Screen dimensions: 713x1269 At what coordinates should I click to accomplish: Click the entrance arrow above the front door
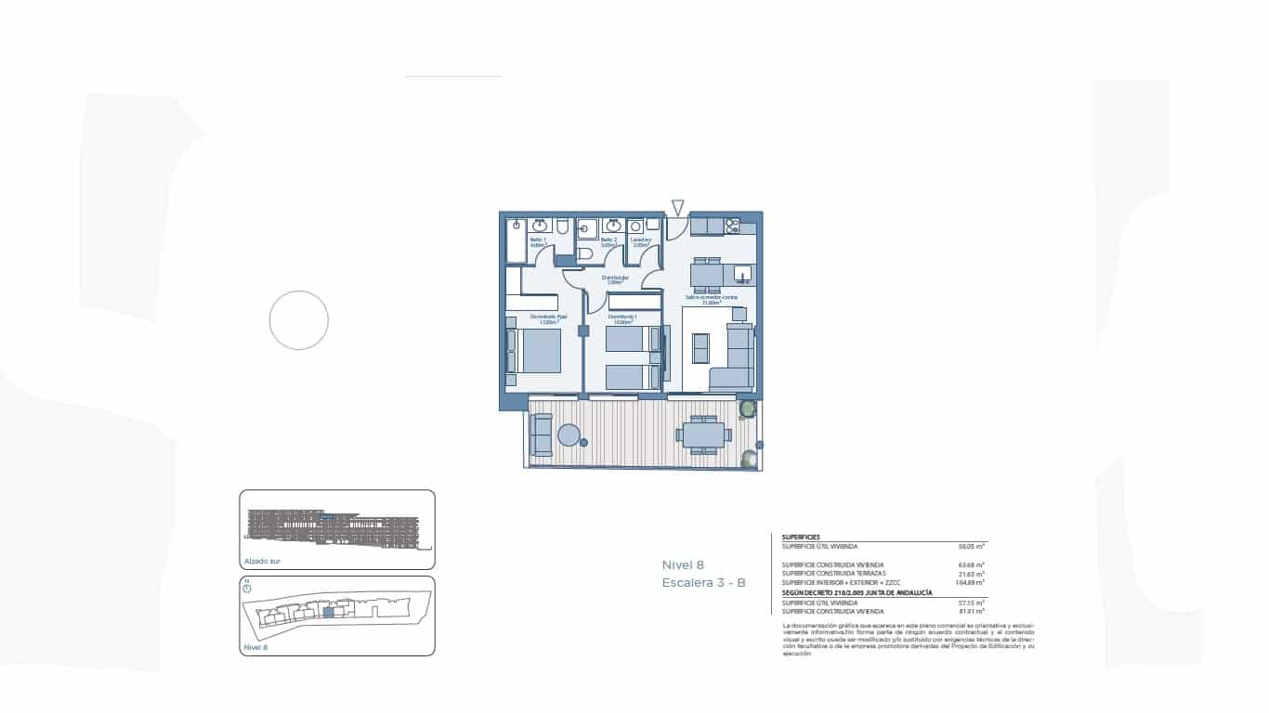coord(678,208)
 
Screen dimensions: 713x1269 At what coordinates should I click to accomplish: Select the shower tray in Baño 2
coord(586,227)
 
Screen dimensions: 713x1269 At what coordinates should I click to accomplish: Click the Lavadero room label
coord(641,242)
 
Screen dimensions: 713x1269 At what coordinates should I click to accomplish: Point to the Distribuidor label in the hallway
coord(615,279)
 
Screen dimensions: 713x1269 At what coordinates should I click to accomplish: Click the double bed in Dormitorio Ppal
coord(537,350)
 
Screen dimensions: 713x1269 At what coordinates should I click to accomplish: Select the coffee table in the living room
coord(701,347)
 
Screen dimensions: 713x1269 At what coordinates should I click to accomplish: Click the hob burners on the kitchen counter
coord(732,225)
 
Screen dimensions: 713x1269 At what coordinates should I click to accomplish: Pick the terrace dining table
coord(703,434)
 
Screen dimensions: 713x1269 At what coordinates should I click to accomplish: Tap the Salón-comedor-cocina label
coord(712,299)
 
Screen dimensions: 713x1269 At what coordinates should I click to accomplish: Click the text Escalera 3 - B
coord(703,583)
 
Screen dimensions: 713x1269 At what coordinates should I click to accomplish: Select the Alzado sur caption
coord(262,561)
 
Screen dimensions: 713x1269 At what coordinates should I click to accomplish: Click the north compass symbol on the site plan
coord(247,589)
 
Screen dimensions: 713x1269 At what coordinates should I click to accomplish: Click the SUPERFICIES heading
coord(801,538)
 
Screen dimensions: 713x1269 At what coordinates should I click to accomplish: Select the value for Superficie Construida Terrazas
coord(972,574)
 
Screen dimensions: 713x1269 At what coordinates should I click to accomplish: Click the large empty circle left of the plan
coord(299,320)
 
